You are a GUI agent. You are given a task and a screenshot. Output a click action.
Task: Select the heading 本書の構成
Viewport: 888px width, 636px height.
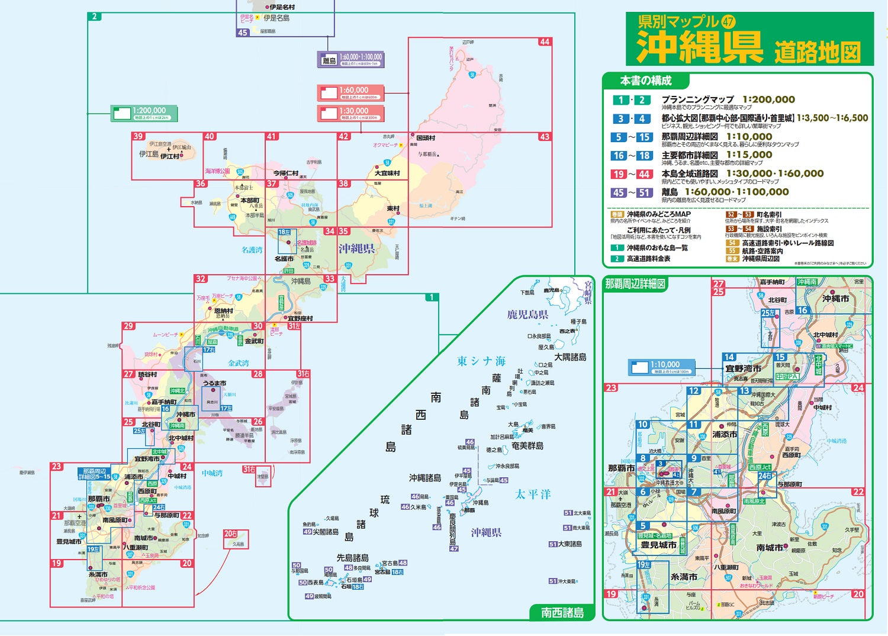[646, 81]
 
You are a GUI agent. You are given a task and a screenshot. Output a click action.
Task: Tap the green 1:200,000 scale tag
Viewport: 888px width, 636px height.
[144, 113]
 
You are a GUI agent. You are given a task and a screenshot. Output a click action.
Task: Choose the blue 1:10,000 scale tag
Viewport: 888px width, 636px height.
[661, 367]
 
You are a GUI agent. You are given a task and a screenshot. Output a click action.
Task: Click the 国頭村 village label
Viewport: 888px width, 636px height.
[426, 138]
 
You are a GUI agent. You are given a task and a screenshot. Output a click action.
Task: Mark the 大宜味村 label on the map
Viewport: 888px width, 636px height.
[387, 173]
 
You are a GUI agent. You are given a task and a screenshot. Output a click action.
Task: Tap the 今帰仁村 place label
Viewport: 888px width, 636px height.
[285, 173]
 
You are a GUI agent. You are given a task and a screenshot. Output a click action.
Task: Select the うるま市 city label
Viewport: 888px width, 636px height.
[214, 383]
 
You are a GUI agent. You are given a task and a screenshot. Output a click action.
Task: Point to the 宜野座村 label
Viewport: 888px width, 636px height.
[300, 319]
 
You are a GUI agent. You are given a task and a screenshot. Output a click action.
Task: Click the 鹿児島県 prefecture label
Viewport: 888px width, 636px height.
[527, 314]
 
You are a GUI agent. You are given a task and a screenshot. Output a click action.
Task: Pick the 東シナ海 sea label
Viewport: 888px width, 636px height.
[481, 361]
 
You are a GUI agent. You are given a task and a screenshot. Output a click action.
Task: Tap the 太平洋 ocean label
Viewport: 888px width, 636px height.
[533, 494]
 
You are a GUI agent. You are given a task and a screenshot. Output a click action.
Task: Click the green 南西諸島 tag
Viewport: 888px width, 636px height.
[562, 612]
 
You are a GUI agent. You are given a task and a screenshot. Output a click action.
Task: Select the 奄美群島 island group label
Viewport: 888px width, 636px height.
[527, 445]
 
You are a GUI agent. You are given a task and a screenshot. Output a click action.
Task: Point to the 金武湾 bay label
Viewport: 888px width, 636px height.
[239, 363]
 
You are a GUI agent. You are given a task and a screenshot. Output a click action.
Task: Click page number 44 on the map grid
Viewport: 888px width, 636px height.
[544, 42]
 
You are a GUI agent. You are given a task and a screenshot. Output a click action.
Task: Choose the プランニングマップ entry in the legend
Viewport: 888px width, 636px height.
[697, 99]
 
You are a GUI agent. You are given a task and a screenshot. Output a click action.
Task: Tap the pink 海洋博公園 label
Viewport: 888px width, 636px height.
[217, 171]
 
